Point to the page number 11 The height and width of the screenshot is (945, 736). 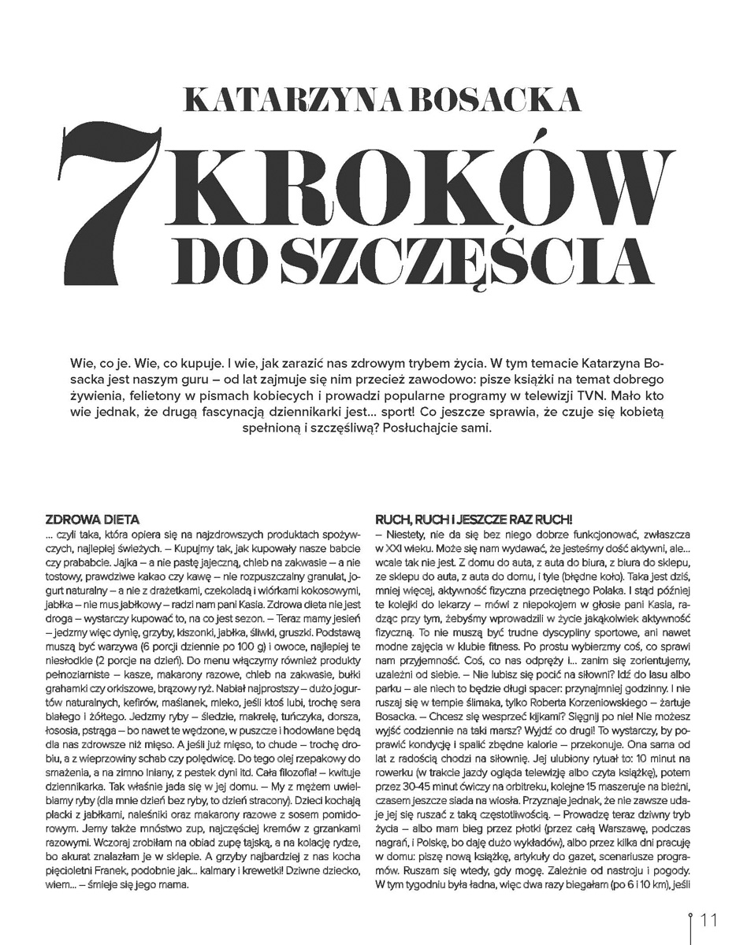pyautogui.click(x=708, y=920)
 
